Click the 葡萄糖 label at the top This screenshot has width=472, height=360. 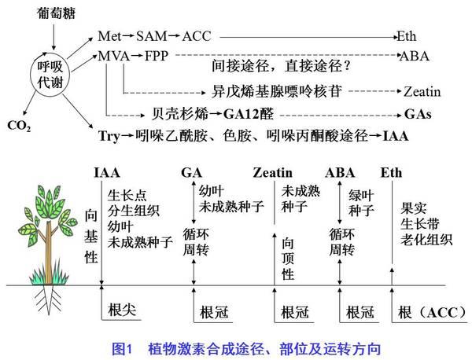(x=56, y=13)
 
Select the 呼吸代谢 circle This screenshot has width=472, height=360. (x=50, y=75)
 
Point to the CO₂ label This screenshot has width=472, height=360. (x=19, y=126)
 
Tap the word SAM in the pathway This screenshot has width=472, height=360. (x=151, y=36)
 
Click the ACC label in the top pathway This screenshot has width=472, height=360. (x=197, y=36)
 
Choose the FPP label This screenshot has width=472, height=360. (x=157, y=56)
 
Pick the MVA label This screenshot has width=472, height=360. (x=114, y=56)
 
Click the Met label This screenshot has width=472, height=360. (x=109, y=36)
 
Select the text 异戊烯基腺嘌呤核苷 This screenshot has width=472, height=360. (x=277, y=91)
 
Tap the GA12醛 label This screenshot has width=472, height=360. (x=249, y=114)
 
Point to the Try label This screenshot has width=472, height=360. (x=109, y=136)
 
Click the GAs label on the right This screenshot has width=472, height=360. (x=418, y=114)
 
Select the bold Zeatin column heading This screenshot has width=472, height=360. (x=273, y=173)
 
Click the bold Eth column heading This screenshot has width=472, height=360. (x=391, y=173)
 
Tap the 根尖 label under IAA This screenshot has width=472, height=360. (x=122, y=310)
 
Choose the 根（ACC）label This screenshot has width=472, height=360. (x=432, y=313)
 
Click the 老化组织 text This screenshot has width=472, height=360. (x=426, y=240)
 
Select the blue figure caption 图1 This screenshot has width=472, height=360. (x=123, y=349)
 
